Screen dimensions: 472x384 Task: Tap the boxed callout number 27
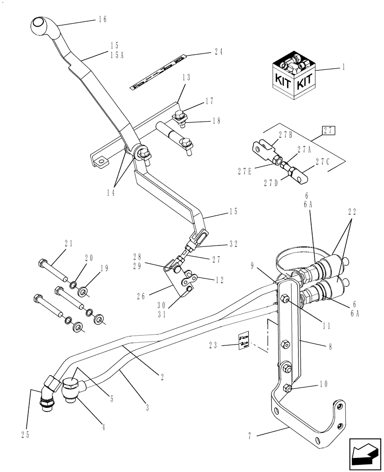click(x=329, y=130)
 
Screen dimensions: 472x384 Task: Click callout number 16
click(x=103, y=19)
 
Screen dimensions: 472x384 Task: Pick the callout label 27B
click(x=285, y=135)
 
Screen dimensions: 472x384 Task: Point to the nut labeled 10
click(x=287, y=388)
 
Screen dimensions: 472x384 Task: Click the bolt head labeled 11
click(x=286, y=298)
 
